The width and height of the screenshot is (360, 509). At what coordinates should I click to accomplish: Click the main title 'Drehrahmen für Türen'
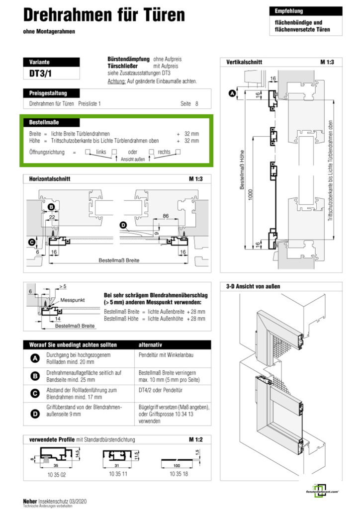click(x=104, y=15)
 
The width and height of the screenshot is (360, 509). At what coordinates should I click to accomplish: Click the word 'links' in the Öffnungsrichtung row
click(x=101, y=152)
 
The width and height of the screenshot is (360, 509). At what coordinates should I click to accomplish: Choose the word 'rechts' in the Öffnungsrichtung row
click(x=164, y=152)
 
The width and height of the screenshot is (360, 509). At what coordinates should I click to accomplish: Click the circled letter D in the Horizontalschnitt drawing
click(x=123, y=225)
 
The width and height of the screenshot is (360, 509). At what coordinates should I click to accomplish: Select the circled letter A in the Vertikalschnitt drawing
click(x=231, y=92)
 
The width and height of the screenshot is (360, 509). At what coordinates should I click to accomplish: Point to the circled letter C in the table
click(x=35, y=393)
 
